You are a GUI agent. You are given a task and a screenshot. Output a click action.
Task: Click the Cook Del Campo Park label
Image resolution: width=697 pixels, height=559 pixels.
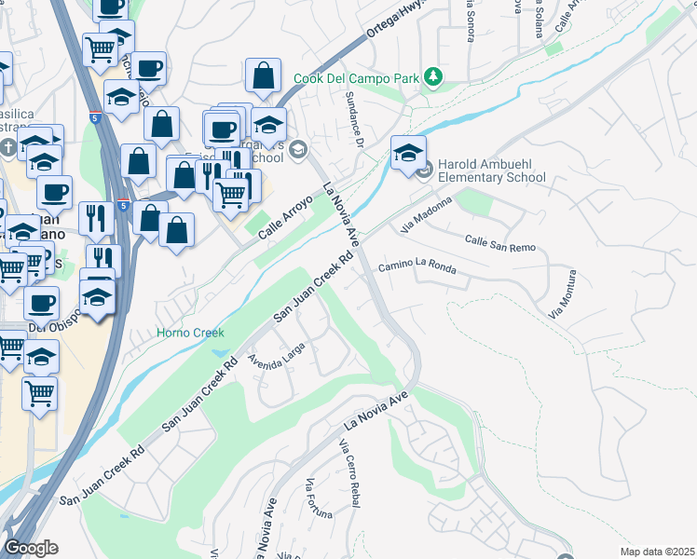[x=356, y=78]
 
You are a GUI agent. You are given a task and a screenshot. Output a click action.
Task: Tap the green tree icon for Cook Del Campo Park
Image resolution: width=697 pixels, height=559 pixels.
[x=432, y=78]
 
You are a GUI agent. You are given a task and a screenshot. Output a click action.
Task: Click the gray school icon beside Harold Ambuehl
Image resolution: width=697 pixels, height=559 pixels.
[x=424, y=170]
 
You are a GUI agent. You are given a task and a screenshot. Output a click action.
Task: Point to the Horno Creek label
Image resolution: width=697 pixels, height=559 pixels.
[x=191, y=332]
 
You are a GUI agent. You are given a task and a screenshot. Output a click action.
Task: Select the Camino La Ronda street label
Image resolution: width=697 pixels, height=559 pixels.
[x=417, y=267]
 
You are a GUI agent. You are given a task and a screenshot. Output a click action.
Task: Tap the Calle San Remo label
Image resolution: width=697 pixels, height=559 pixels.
[x=500, y=239]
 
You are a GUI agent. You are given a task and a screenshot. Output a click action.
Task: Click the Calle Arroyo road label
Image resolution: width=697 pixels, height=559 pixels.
[x=283, y=211]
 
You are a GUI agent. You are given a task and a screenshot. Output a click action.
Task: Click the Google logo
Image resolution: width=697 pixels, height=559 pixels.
[x=31, y=548]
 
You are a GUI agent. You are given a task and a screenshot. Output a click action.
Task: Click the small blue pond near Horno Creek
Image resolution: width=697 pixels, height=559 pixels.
[x=221, y=354]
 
